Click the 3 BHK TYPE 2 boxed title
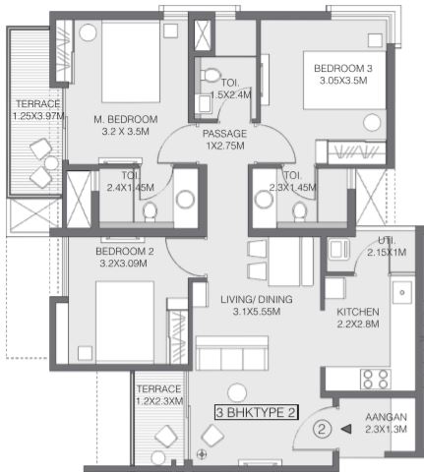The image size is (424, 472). coord(257,412)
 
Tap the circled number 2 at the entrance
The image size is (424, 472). coord(322,429)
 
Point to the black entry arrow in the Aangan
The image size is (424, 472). coord(346,429)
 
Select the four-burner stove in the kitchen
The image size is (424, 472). coord(375,380)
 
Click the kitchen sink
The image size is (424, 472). coord(402,292)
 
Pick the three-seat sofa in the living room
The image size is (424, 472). coord(232,354)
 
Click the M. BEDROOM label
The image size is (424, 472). coord(126,119)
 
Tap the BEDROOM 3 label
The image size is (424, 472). coord(343,69)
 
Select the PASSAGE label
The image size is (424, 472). coord(224,134)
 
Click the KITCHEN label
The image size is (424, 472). coord(358,312)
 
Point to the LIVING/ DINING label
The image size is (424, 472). coord(257,299)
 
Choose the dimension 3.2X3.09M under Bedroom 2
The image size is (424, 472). coord(123,264)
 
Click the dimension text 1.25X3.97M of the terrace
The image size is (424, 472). coord(38,116)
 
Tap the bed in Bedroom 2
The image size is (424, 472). coord(125,322)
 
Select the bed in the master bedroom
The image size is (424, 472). coord(131,62)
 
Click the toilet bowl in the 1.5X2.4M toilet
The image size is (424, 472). coord(210,75)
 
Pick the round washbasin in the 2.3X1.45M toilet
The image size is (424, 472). coord(264,200)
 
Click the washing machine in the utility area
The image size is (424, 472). coord(339,250)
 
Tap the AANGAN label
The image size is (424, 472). coord(387,417)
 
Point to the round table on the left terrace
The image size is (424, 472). coord(51,163)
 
